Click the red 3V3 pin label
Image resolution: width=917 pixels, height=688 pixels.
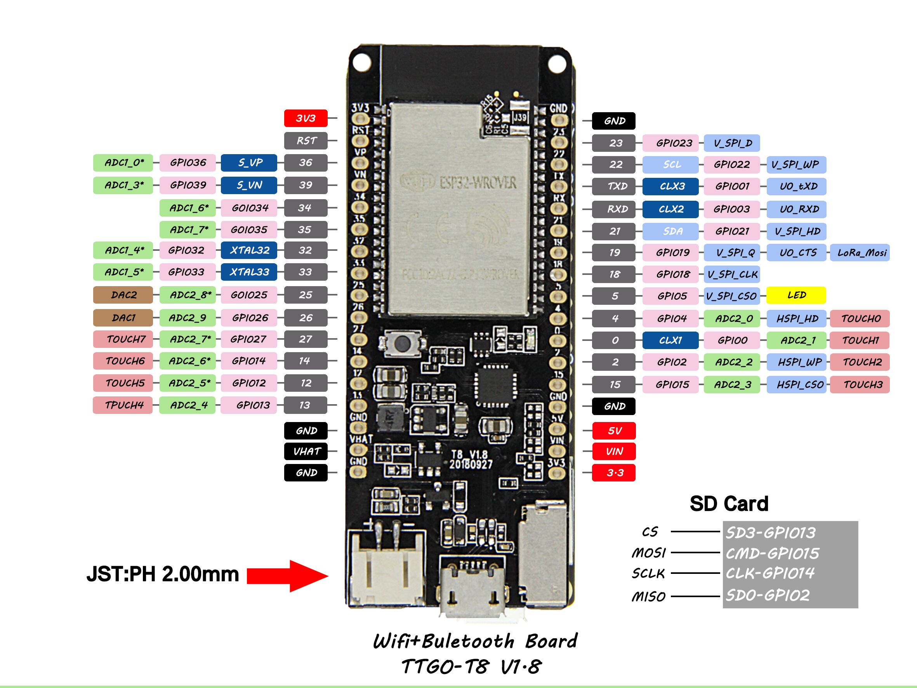pos(306,118)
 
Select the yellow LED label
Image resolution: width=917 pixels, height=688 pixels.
pos(796,295)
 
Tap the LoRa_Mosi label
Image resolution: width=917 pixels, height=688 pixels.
pos(860,252)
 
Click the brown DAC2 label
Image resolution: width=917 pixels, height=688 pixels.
pos(123,295)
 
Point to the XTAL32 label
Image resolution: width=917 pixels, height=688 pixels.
pos(249,250)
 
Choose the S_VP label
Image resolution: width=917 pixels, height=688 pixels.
pos(249,163)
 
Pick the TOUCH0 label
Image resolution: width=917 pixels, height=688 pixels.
pos(860,318)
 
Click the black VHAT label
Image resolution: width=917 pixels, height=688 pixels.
pos(306,451)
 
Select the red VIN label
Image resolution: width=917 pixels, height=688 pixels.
pos(613,451)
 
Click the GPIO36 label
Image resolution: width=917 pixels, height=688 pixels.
pos(188,163)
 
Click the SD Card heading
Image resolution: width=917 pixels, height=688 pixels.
pos(729,504)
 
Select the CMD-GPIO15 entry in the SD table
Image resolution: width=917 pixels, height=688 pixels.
pos(772,553)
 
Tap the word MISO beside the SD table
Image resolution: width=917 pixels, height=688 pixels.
pos(648,597)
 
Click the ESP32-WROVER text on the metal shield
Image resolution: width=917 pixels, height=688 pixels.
pos(478,183)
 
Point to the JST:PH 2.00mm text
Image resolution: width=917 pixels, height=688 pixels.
pos(163,574)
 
